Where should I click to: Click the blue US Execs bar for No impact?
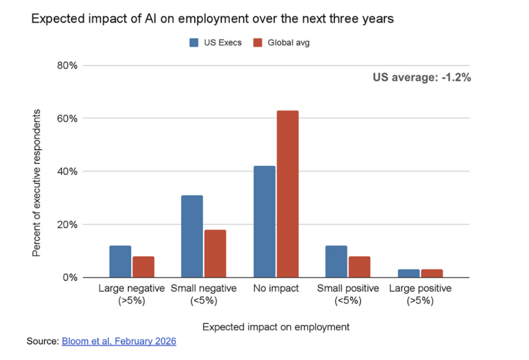(x=264, y=222)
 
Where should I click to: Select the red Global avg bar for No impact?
(x=287, y=194)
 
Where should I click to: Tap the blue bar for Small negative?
(x=192, y=237)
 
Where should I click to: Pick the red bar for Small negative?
(x=215, y=254)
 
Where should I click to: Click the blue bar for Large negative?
(x=120, y=261)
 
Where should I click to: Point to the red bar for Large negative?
(x=143, y=267)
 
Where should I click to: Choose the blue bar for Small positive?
(x=336, y=261)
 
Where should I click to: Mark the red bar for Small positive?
(x=359, y=267)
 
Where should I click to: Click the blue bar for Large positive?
(x=409, y=273)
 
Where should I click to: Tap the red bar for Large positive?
(x=431, y=273)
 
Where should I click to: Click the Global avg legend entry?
(x=282, y=43)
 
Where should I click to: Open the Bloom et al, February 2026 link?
(x=119, y=341)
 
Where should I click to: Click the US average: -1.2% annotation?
(x=422, y=78)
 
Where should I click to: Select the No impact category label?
(x=276, y=289)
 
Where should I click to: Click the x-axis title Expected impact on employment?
(x=276, y=327)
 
